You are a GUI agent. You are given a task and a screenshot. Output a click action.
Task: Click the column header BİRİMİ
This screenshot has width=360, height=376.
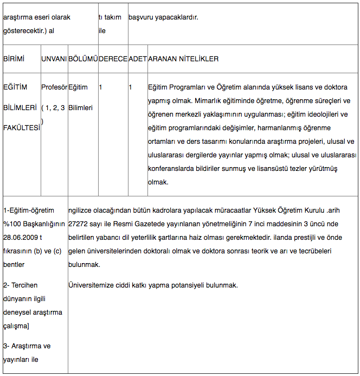(x=14, y=59)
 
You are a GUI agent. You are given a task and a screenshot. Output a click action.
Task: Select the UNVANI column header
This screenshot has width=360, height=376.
(x=54, y=59)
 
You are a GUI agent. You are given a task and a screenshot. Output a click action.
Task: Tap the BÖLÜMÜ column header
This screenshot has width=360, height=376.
(x=82, y=59)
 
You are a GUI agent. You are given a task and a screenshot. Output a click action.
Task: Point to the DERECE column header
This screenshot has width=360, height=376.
(x=113, y=59)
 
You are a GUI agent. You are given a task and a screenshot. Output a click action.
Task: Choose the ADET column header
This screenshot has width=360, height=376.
(x=137, y=59)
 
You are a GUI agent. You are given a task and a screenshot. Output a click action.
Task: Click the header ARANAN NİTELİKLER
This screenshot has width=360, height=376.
(x=183, y=59)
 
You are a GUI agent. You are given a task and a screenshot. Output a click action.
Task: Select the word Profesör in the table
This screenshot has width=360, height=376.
(x=54, y=87)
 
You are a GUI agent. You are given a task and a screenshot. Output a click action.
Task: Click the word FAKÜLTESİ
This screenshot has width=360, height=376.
(x=21, y=128)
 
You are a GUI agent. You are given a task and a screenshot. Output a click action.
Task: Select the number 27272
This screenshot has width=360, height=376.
(x=80, y=224)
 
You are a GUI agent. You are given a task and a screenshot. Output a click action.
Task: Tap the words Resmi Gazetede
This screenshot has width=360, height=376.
(x=147, y=224)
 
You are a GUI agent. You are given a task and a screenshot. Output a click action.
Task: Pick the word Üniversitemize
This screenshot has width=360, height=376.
(x=93, y=285)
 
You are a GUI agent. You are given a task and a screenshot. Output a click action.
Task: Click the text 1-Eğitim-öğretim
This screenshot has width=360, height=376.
(x=29, y=210)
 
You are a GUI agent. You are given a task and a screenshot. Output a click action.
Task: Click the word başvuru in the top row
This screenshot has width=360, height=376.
(x=142, y=17)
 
